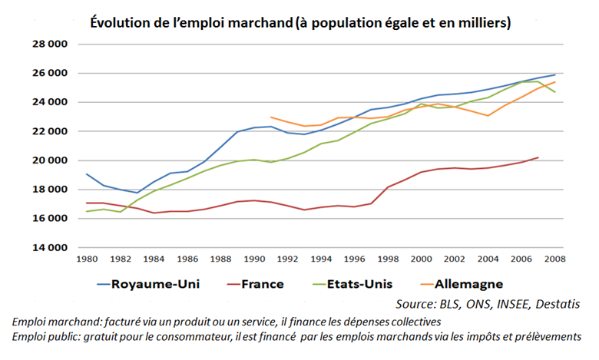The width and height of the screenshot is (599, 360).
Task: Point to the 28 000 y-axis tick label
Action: coord(49,45)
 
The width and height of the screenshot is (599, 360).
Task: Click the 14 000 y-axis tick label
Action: coord(49,248)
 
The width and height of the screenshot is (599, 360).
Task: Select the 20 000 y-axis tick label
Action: coord(49,160)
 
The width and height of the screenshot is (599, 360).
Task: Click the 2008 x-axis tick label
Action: coord(554,261)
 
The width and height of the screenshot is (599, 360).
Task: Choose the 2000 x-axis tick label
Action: coord(421,261)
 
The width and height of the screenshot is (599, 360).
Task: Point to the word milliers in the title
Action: coord(481,23)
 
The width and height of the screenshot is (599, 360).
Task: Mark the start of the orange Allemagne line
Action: coord(270,117)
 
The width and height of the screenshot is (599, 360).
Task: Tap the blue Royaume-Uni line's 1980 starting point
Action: coord(86,174)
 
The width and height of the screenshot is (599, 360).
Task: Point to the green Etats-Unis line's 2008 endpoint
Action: coord(554,92)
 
